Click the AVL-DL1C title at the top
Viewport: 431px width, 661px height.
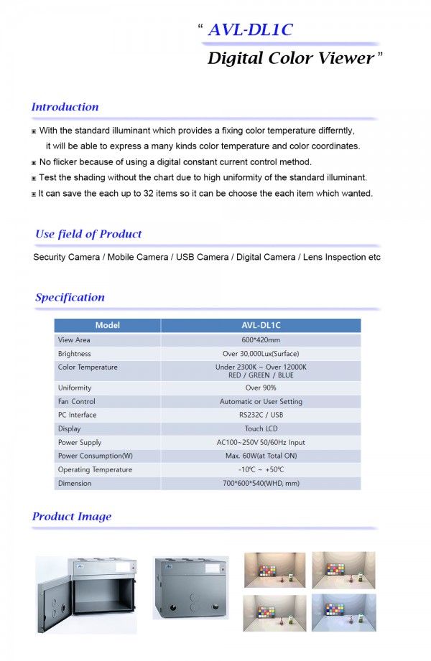[x=249, y=29]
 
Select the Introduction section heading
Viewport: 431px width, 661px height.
[x=65, y=107]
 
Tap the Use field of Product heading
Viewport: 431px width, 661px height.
[x=88, y=234]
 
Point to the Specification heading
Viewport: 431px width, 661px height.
[x=70, y=297]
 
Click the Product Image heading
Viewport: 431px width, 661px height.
[x=72, y=517]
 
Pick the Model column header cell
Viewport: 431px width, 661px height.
[x=107, y=326]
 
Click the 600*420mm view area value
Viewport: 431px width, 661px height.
[x=261, y=340]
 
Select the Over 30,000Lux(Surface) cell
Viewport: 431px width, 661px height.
[x=261, y=354]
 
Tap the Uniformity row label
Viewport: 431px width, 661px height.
[x=75, y=388]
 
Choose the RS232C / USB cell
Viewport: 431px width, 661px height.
[x=261, y=415]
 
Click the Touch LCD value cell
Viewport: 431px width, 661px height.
[x=261, y=428]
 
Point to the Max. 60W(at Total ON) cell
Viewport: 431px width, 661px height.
[x=261, y=456]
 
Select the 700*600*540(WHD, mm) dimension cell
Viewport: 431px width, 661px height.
[x=261, y=484]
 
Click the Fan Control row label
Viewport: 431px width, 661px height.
[x=76, y=401]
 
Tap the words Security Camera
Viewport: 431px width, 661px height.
[x=66, y=257]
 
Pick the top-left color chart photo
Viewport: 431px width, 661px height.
[x=274, y=570]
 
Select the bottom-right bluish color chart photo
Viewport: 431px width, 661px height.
[x=343, y=612]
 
